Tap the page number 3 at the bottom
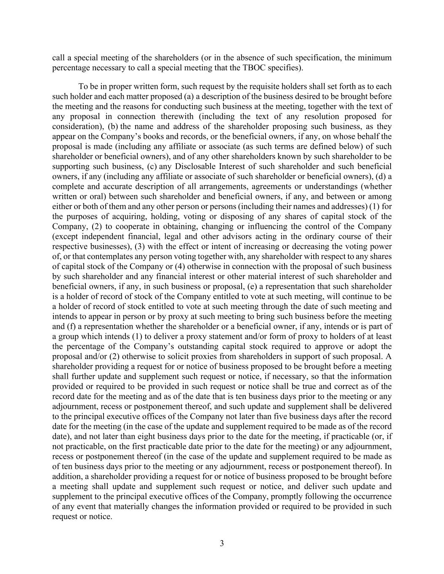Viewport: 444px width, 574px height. click(222, 543)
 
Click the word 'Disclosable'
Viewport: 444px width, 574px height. click(192, 166)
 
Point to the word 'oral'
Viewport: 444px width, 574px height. click(93, 196)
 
